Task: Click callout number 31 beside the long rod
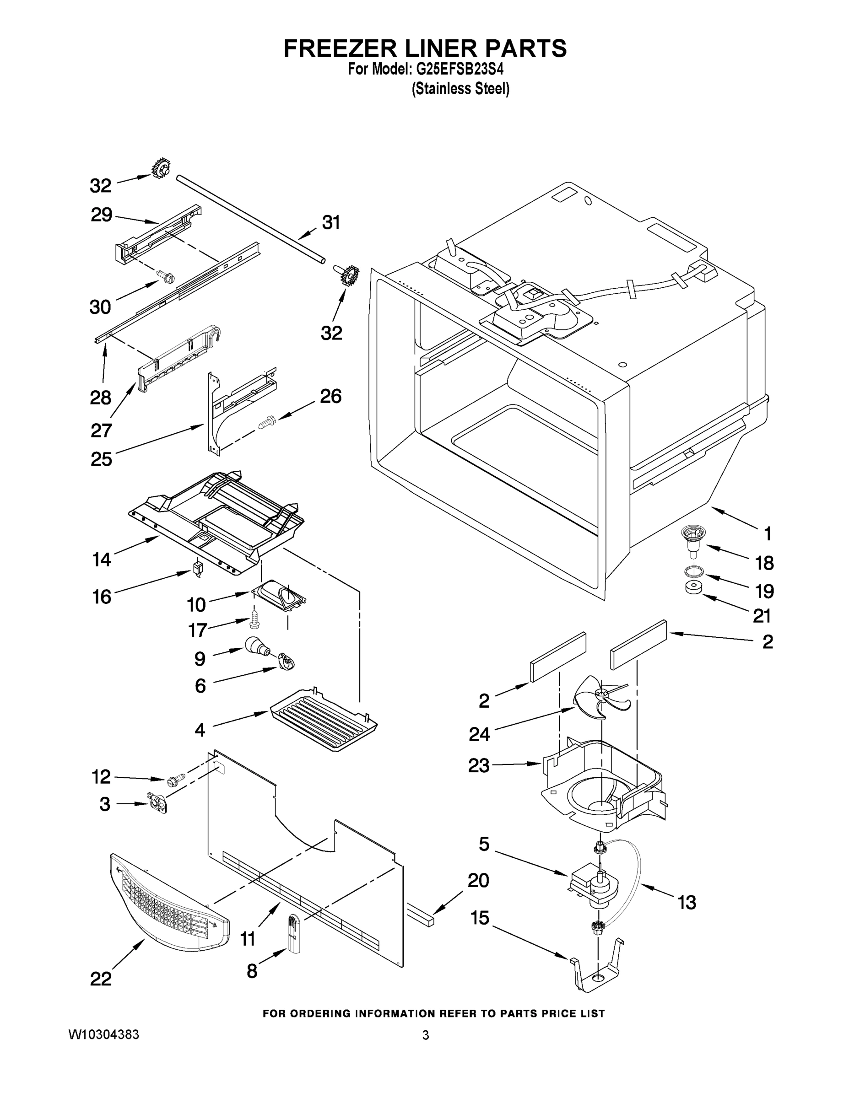[331, 222]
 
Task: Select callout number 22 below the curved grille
[101, 978]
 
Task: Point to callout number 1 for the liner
[768, 534]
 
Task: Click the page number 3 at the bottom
[426, 1035]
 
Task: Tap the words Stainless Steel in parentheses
[460, 90]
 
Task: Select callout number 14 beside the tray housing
[102, 559]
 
